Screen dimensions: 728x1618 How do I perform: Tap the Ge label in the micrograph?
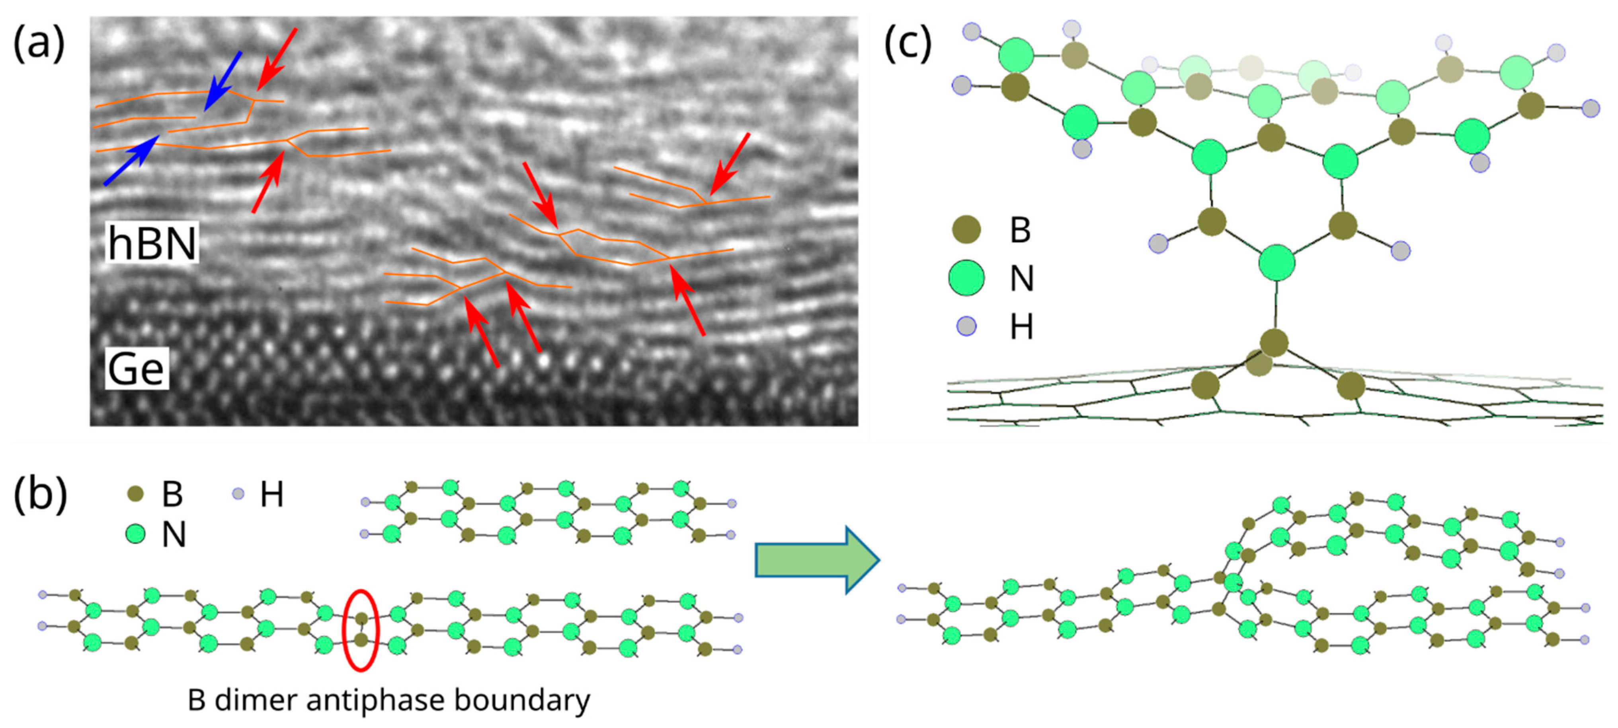point(136,369)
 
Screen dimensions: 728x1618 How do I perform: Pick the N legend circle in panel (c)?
point(966,278)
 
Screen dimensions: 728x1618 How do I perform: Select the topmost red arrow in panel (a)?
point(276,60)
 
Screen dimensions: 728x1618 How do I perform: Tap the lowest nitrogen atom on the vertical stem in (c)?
point(1277,262)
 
